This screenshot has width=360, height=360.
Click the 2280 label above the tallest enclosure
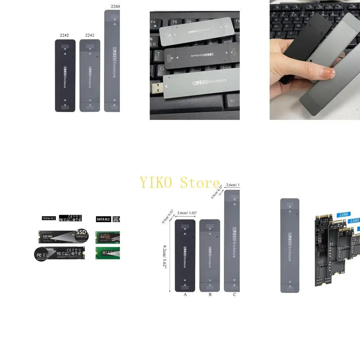[x=115, y=6]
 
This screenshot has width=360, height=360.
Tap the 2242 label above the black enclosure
[x=64, y=36]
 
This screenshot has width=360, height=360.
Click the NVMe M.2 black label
[x=49, y=218]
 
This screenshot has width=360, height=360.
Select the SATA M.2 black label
[x=103, y=219]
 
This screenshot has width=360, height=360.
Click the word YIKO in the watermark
[x=157, y=183]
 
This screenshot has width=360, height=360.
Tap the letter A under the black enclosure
[x=185, y=295]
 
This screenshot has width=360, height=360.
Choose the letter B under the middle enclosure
[x=210, y=295]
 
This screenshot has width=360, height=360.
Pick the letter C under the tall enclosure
[x=234, y=295]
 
